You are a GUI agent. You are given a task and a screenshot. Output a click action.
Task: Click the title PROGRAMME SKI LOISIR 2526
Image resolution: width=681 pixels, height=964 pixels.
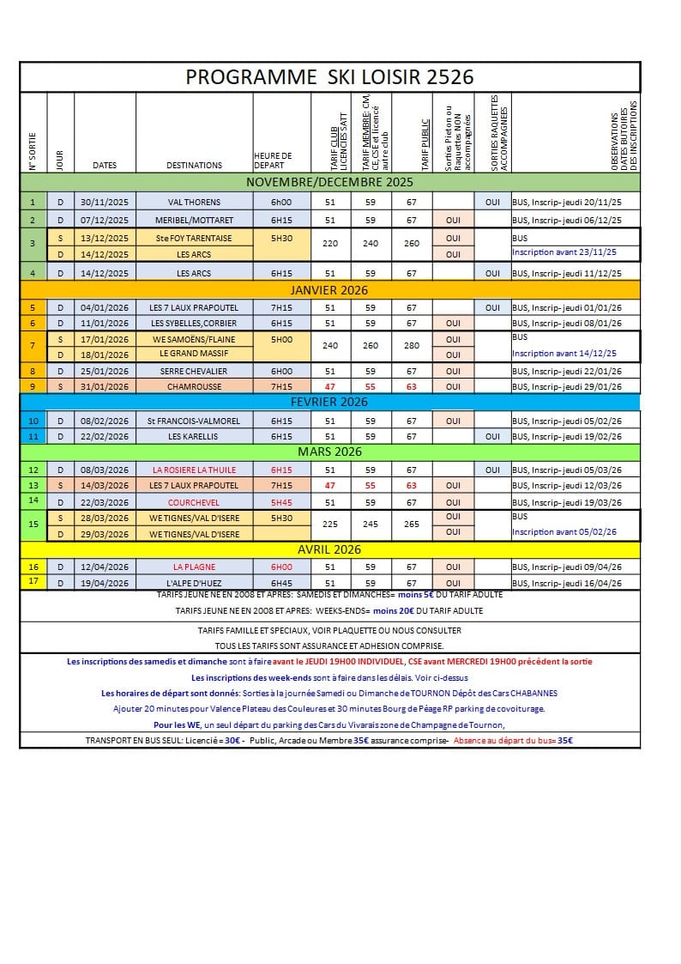tap(329, 76)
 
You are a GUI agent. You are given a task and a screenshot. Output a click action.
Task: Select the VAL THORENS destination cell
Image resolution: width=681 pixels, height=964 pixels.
tap(194, 202)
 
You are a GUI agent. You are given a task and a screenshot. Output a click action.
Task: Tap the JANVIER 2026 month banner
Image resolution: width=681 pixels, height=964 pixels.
tap(329, 290)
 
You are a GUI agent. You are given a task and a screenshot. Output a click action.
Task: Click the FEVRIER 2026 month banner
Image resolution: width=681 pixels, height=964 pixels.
tap(329, 402)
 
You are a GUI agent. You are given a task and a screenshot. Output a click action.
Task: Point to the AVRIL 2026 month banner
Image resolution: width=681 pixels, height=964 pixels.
tap(329, 549)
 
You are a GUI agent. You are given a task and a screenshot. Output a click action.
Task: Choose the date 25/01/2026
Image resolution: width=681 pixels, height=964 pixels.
tap(105, 371)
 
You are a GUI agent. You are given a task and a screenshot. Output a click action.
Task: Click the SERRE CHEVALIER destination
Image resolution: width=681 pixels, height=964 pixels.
tap(194, 371)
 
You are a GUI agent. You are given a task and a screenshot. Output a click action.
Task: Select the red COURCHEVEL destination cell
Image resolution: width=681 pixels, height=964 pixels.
tap(194, 502)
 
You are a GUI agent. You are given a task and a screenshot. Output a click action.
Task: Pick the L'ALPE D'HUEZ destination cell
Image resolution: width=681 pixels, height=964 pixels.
tap(194, 583)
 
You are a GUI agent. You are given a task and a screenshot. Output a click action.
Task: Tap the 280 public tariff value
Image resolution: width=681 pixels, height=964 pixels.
tap(412, 346)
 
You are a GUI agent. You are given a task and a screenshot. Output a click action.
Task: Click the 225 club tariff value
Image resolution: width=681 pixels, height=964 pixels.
tap(330, 524)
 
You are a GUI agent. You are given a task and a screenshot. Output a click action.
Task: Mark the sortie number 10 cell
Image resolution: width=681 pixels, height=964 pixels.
tap(33, 421)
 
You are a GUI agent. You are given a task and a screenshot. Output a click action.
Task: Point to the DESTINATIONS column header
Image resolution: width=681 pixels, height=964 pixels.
tap(194, 165)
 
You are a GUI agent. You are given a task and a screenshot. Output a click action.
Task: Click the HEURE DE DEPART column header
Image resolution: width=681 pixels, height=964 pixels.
tap(274, 161)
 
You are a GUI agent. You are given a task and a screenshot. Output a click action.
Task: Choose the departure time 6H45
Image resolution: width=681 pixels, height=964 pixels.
tap(281, 583)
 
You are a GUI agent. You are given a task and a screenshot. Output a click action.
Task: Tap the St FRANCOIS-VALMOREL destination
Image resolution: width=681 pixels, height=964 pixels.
tap(194, 421)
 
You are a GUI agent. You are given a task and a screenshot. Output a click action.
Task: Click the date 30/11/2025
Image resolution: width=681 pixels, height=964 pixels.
tap(105, 202)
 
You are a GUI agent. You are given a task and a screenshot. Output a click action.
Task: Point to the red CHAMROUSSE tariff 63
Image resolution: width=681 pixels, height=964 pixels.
tap(412, 386)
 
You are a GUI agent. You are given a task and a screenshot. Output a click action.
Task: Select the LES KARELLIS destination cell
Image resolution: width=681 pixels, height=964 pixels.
tap(194, 436)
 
